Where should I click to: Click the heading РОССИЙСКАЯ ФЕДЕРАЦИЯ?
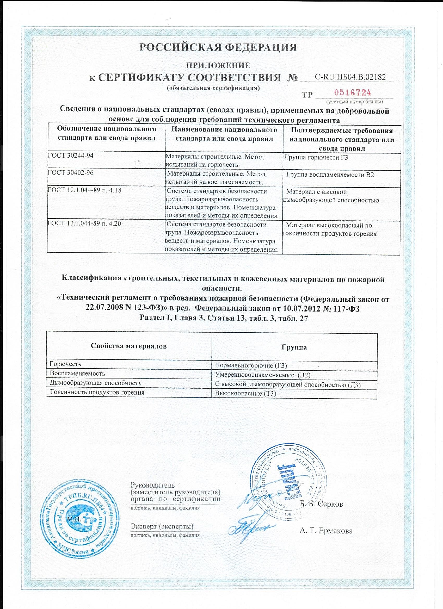[218, 47]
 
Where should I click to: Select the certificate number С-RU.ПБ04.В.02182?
[350, 77]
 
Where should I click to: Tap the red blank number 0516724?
[353, 93]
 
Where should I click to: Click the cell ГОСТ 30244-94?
[71, 156]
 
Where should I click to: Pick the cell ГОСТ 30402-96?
[71, 172]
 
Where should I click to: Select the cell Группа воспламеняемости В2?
[330, 175]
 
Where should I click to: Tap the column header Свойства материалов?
[129, 346]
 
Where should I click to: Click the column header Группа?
[294, 347]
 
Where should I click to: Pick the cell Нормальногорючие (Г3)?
[251, 365]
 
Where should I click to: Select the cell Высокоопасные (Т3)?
[245, 394]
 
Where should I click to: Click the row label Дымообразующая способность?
[95, 383]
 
